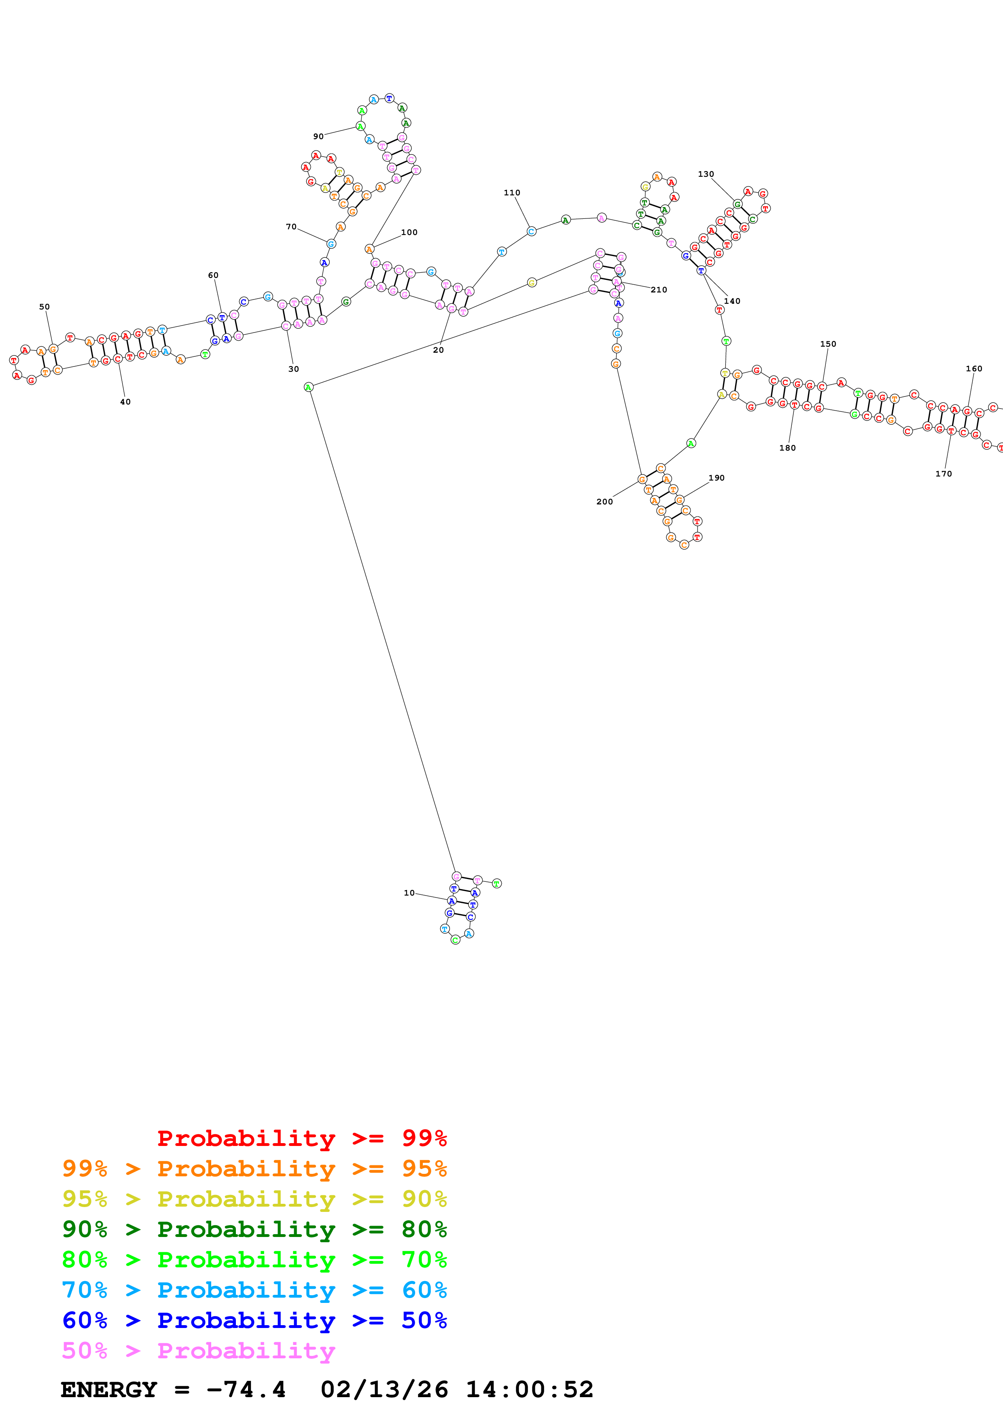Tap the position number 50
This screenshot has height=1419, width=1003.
45,307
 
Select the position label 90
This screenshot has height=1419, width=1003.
318,137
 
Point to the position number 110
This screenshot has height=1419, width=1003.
512,193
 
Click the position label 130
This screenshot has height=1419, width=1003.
706,174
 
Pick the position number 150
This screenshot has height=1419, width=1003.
828,344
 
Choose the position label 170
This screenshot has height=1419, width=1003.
943,474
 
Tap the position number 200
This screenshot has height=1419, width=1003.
604,502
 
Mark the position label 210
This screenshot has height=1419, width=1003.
659,290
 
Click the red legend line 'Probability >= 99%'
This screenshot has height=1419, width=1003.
301,1138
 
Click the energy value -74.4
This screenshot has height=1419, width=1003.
246,1389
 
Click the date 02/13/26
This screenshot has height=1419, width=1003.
384,1389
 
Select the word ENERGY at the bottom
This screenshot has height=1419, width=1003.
109,1389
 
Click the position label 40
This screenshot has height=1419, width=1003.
125,402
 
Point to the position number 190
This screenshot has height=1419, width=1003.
716,478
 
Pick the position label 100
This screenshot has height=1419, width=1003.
409,232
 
